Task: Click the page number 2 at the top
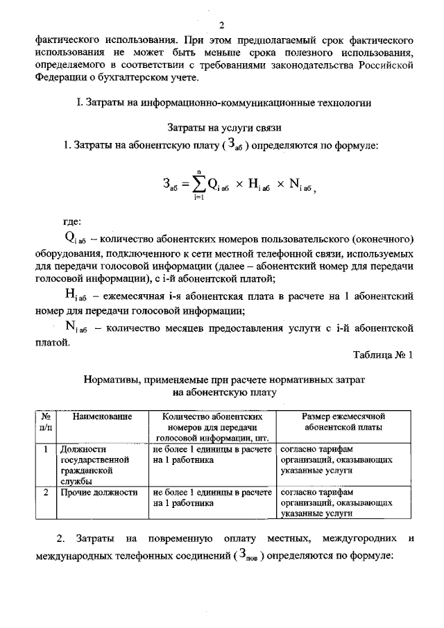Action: pos(222,26)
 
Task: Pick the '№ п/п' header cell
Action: pos(45,422)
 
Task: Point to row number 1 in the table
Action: pos(45,449)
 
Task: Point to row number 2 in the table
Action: pos(45,493)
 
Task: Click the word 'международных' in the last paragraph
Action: pos(78,557)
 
